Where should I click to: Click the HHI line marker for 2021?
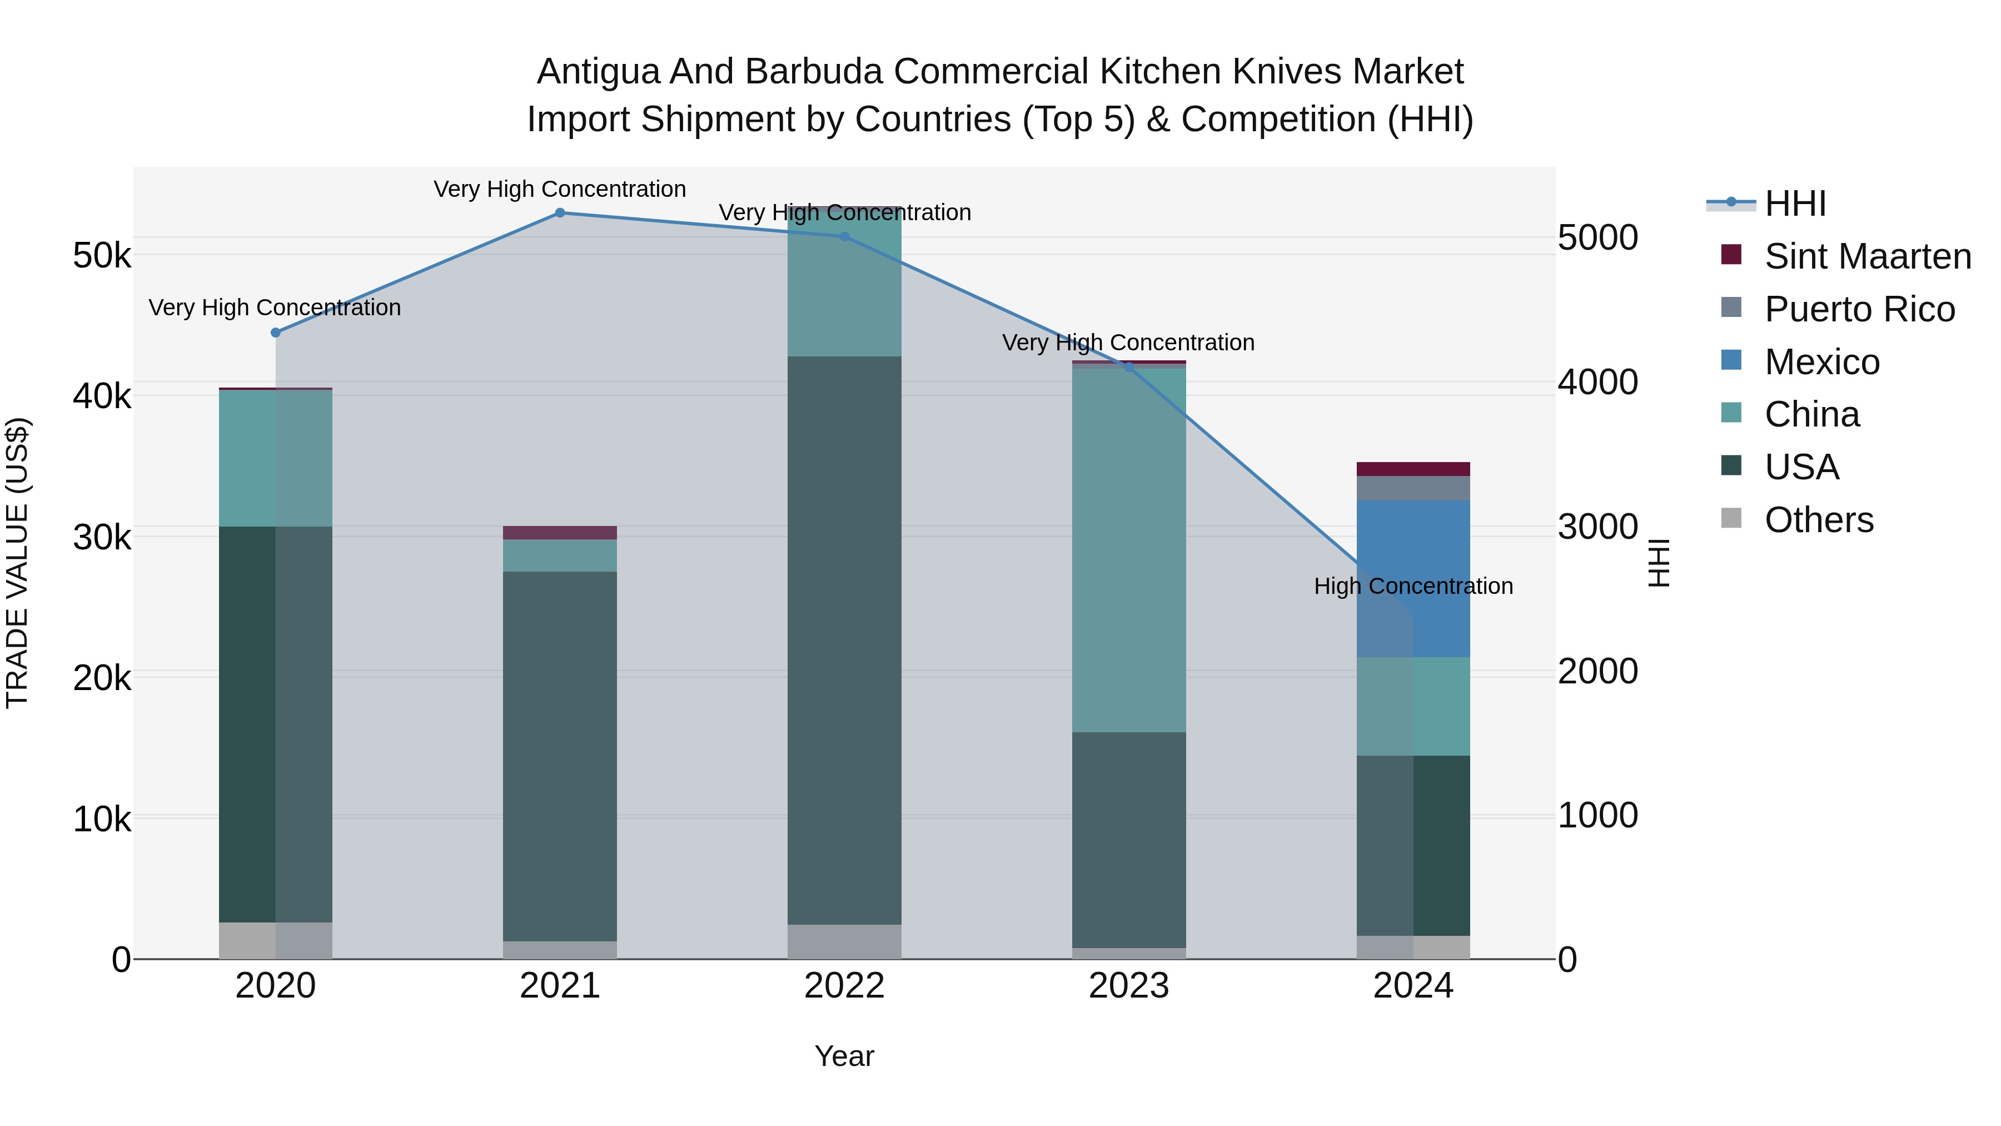point(560,213)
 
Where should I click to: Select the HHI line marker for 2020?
point(276,333)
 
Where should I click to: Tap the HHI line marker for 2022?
point(844,236)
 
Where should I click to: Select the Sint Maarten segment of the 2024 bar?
point(1413,469)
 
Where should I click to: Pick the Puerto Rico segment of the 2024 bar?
point(1413,488)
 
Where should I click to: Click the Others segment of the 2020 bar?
point(276,940)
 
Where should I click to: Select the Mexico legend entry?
point(1821,362)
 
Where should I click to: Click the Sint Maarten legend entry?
point(1868,256)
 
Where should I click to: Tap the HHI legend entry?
point(1794,204)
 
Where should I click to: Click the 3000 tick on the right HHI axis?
point(1598,527)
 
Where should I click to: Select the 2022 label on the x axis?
point(844,986)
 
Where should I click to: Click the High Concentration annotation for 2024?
point(1413,586)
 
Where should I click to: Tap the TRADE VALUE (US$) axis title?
point(18,563)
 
